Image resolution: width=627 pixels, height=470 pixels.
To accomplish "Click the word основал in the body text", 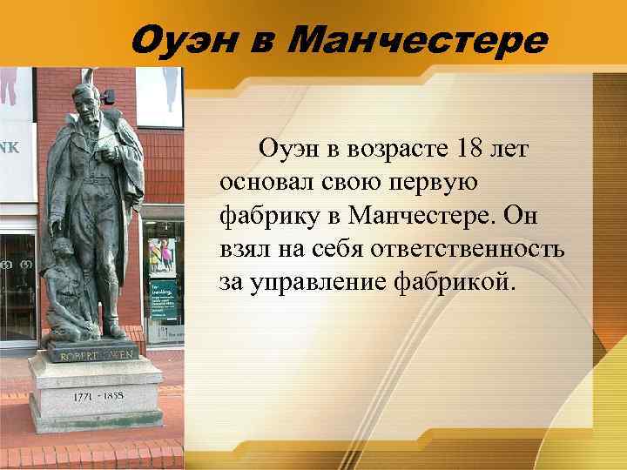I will pyautogui.click(x=264, y=183).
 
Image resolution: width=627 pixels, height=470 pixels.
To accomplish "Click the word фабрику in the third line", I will pyautogui.click(x=270, y=216).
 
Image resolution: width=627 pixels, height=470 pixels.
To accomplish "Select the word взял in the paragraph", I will pyautogui.click(x=243, y=249).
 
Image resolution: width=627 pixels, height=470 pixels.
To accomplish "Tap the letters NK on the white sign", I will pyautogui.click(x=10, y=148).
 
